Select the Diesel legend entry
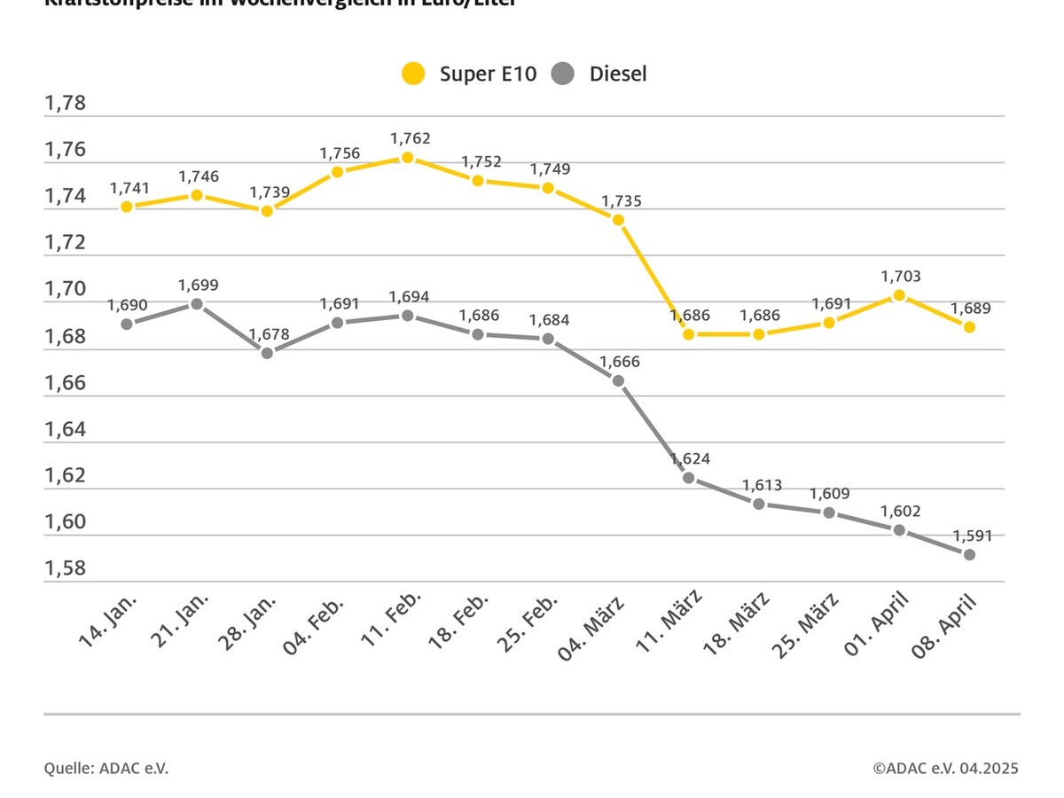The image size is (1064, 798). [x=598, y=74]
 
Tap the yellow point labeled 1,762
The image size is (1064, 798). [x=407, y=158]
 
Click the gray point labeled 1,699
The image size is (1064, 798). [x=197, y=304]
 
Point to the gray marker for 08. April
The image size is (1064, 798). [x=969, y=555]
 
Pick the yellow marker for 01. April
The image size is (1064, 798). [x=899, y=295]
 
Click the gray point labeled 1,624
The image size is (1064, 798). [x=688, y=478]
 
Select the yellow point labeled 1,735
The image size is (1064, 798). [x=618, y=220]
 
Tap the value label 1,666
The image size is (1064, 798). [x=620, y=362]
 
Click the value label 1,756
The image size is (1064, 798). [x=340, y=153]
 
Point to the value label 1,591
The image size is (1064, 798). [x=973, y=536]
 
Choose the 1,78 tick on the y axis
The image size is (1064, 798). [x=66, y=104]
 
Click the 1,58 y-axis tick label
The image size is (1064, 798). [x=66, y=568]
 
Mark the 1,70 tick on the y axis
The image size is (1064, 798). [x=66, y=290]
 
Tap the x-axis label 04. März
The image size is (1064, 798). [x=591, y=630]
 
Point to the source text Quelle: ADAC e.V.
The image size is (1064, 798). [x=106, y=769]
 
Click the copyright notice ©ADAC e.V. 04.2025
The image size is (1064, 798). [x=945, y=769]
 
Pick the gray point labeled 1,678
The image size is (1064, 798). [x=267, y=353]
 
